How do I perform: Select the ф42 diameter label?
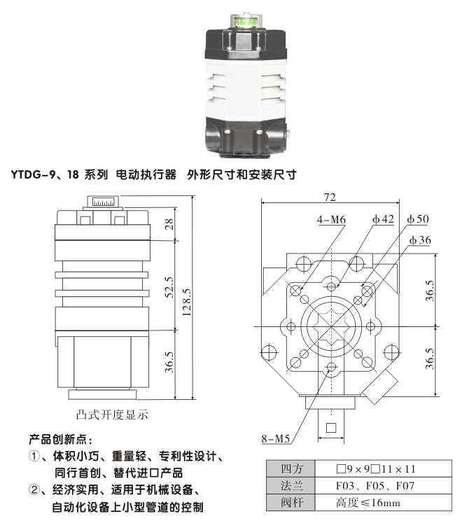click(x=383, y=220)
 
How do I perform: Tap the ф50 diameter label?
click(x=418, y=220)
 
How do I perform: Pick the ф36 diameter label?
click(x=420, y=240)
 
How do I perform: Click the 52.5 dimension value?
click(x=169, y=286)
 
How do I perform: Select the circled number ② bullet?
click(x=34, y=489)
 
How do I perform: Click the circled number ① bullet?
click(x=34, y=457)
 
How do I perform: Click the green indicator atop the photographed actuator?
click(x=247, y=22)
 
